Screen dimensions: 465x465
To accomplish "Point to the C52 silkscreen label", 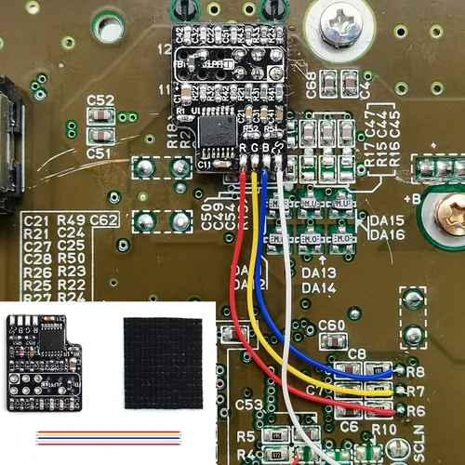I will point(100,100).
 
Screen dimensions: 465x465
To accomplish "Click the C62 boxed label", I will point(105,219).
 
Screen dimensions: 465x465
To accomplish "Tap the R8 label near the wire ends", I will point(416,372).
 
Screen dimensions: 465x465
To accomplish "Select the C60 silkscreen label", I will point(331,325).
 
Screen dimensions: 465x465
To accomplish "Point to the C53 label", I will point(249,406).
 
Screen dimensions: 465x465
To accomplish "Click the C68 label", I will point(311,88).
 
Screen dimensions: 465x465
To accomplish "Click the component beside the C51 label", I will point(100,117).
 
